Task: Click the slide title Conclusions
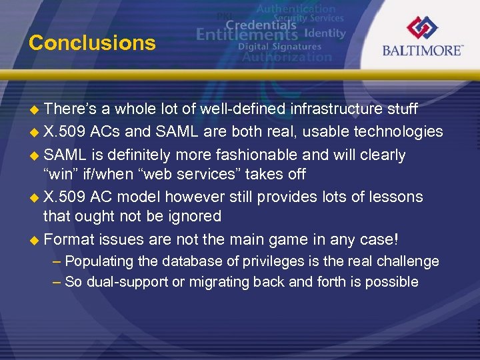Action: (92, 43)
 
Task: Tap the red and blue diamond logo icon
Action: (423, 27)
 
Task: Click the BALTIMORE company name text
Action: (422, 51)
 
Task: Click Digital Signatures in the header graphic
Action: (280, 47)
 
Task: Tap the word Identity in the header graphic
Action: (325, 33)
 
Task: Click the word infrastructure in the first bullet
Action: (323, 109)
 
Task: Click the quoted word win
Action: (59, 174)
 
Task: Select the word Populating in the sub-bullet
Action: (98, 261)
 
